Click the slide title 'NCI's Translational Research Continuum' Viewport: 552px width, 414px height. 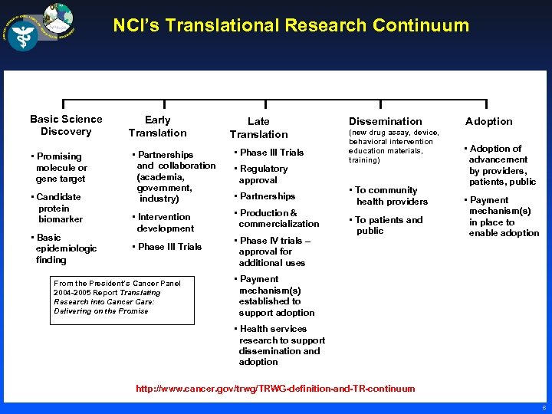pyautogui.click(x=291, y=25)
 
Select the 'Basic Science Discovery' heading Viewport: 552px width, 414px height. pyautogui.click(x=66, y=125)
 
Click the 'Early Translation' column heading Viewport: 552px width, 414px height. pyautogui.click(x=157, y=126)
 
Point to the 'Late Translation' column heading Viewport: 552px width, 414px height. pyautogui.click(x=258, y=127)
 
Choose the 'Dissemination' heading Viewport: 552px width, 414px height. pyautogui.click(x=385, y=121)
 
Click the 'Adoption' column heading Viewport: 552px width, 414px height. pyautogui.click(x=488, y=121)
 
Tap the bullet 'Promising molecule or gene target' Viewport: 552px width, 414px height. pyautogui.click(x=61, y=167)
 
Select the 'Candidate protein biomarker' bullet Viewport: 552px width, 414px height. pyautogui.click(x=59, y=208)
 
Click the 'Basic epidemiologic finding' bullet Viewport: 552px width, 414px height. pyautogui.click(x=65, y=248)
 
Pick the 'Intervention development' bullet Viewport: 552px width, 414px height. pyautogui.click(x=164, y=222)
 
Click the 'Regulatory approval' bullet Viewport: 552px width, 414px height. pyautogui.click(x=262, y=174)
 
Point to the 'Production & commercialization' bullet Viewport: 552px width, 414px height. pyautogui.click(x=277, y=219)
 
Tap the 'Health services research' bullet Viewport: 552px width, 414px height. pyautogui.click(x=281, y=345)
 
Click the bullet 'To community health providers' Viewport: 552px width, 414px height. pyautogui.click(x=389, y=195)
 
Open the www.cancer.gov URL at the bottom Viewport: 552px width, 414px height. pyautogui.click(x=275, y=389)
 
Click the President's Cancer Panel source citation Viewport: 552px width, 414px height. pyautogui.click(x=117, y=297)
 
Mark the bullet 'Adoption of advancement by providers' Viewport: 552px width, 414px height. pyautogui.click(x=501, y=165)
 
